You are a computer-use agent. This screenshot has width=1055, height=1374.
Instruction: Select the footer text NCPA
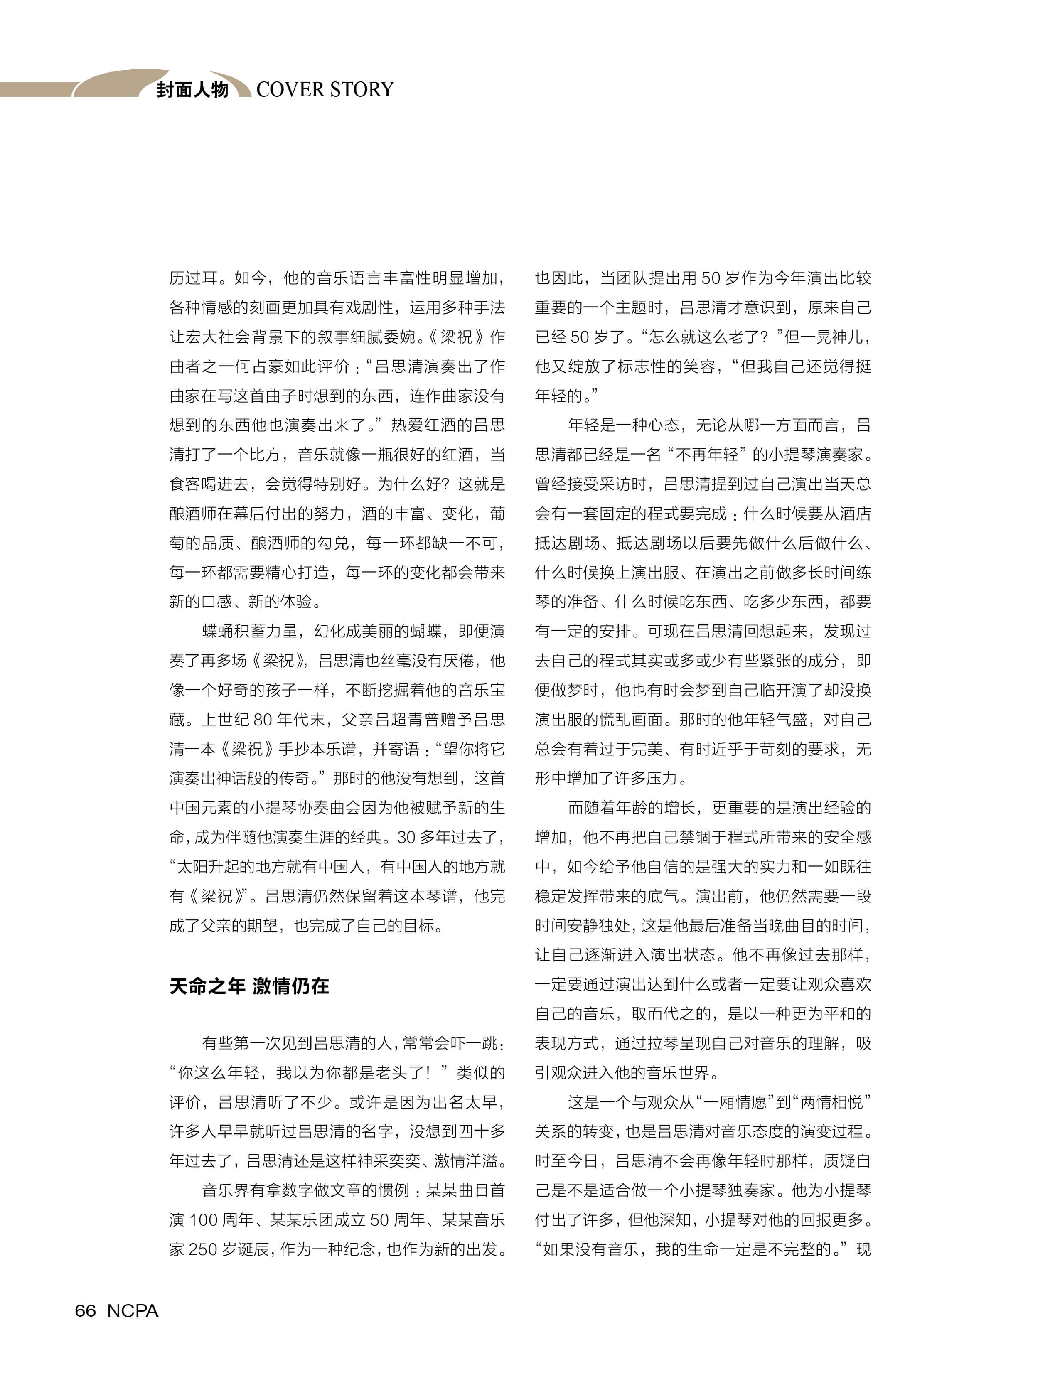(x=133, y=1310)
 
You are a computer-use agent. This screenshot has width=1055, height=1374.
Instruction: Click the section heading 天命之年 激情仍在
(x=249, y=986)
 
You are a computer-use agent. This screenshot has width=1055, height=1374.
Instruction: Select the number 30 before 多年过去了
(x=406, y=837)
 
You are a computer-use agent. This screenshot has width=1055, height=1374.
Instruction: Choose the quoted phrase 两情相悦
(x=831, y=1102)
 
